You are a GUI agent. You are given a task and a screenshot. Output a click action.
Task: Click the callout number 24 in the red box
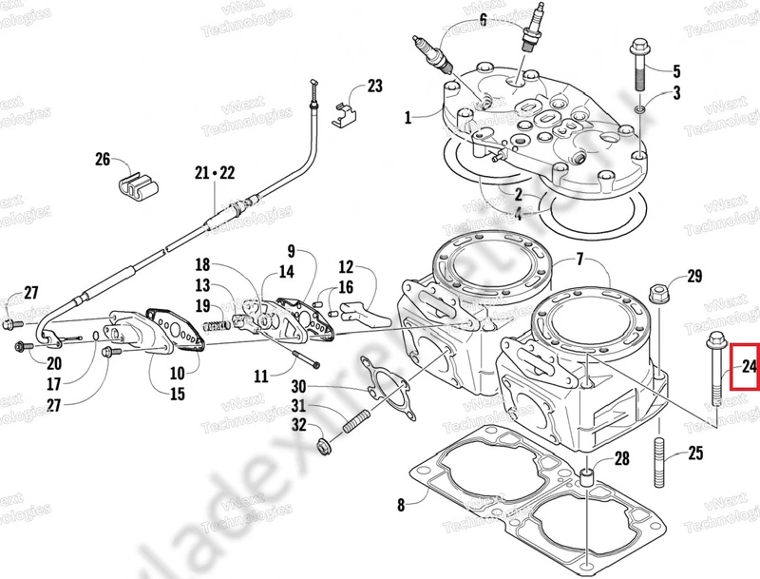point(749,366)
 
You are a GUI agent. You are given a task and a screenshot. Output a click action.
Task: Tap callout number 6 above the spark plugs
point(483,19)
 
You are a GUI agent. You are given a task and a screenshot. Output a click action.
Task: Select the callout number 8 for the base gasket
point(399,504)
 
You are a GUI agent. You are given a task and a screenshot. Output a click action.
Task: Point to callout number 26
point(103,159)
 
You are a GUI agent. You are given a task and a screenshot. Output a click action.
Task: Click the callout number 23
point(374,87)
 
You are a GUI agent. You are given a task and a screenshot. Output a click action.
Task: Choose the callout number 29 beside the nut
point(694,277)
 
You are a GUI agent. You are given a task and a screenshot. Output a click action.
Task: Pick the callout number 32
point(298,425)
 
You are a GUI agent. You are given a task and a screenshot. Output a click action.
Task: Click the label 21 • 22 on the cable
point(214,172)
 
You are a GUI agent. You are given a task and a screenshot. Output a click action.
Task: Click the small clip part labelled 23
point(345,116)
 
